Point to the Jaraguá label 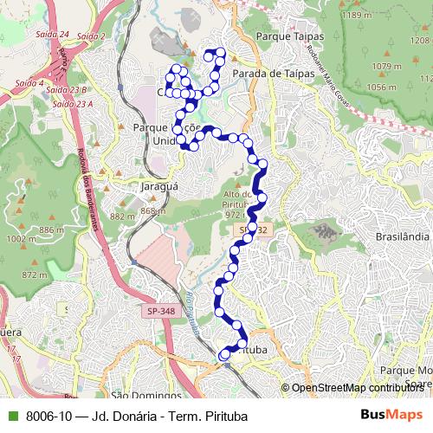pyautogui.click(x=158, y=185)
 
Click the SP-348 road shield pyautogui.click(x=160, y=309)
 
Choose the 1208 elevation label pyautogui.click(x=419, y=41)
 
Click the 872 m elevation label pyautogui.click(x=34, y=275)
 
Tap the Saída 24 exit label pyautogui.click(x=55, y=34)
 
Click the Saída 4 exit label pyautogui.click(x=29, y=83)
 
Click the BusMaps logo pyautogui.click(x=393, y=415)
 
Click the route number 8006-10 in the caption pyautogui.click(x=49, y=416)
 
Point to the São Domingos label pyautogui.click(x=143, y=396)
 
